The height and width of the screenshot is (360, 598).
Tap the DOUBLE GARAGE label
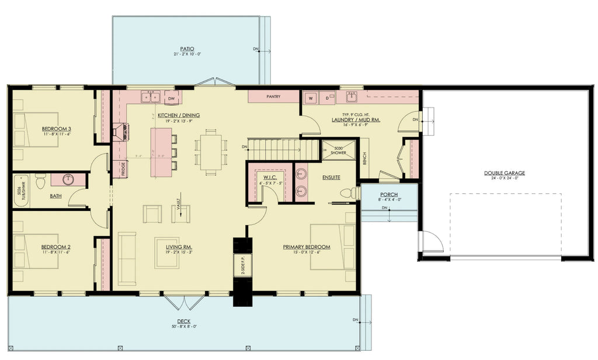pos(504,173)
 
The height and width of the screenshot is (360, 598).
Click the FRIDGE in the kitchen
pos(123,169)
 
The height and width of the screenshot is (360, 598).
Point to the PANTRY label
pos(273,96)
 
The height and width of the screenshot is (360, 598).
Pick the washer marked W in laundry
pos(311,98)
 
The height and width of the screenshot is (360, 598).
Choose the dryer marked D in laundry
pos(327,98)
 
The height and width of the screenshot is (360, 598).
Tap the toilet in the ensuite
pos(349,192)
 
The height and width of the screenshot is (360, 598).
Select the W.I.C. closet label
pos(269,176)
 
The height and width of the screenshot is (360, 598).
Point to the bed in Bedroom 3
pos(36,129)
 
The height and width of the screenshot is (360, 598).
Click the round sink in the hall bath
pos(68,179)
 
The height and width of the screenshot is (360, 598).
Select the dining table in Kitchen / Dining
pos(211,152)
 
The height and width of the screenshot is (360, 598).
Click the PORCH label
pos(388,195)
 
